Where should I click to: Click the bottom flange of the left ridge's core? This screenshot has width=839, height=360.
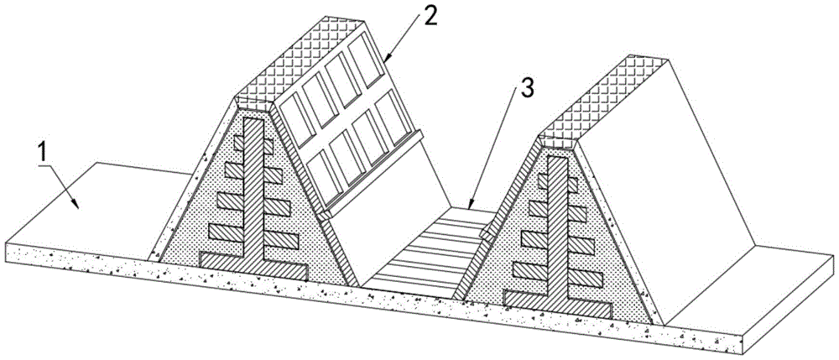[x=251, y=265]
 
